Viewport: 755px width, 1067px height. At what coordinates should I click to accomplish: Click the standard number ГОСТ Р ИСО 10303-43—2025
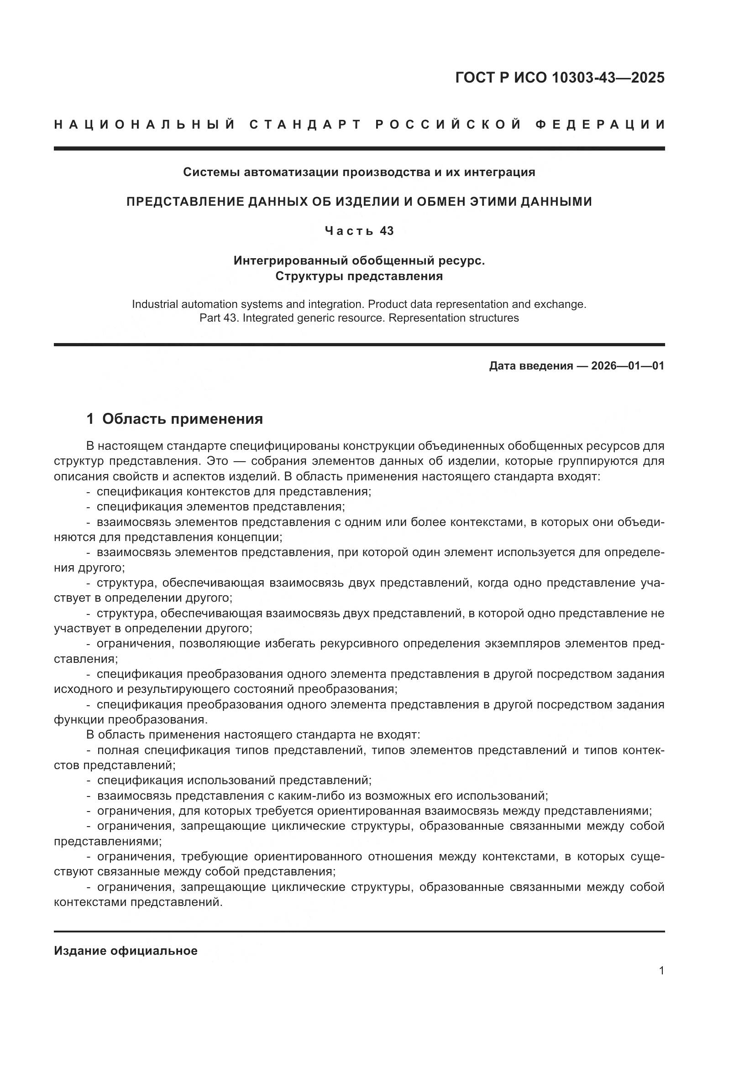[x=560, y=78]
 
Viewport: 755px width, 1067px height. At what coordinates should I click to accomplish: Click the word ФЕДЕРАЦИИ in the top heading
[x=600, y=125]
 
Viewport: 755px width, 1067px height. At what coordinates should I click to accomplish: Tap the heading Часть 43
[x=359, y=230]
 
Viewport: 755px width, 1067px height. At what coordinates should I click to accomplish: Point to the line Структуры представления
[x=359, y=276]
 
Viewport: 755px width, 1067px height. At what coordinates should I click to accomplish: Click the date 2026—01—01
[x=628, y=366]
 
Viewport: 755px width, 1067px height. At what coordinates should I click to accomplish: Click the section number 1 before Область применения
[x=90, y=419]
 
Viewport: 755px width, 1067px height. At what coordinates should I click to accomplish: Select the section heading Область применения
[x=182, y=419]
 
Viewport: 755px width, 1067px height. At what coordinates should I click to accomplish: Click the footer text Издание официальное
[x=126, y=951]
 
